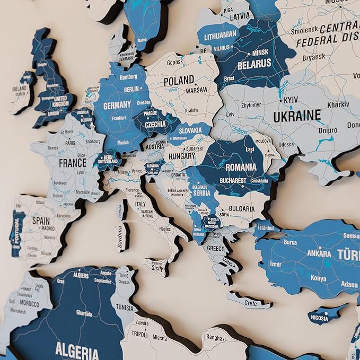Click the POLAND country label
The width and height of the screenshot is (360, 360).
pos(178,81)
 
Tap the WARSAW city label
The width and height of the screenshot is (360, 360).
pos(196,91)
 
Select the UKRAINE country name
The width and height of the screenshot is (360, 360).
pos(297,115)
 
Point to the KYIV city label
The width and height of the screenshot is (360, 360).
pos(291,100)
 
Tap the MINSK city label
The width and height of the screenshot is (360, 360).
pos(260,54)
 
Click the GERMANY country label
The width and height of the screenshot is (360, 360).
pos(117,106)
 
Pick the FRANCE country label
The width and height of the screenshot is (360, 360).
pos(72,163)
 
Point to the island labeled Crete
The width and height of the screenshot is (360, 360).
pos(250,303)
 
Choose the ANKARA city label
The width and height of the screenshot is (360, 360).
pos(320,253)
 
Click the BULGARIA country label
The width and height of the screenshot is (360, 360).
pos(242,209)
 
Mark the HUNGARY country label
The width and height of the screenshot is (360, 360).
pos(182,157)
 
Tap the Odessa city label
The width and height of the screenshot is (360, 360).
pos(286,144)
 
